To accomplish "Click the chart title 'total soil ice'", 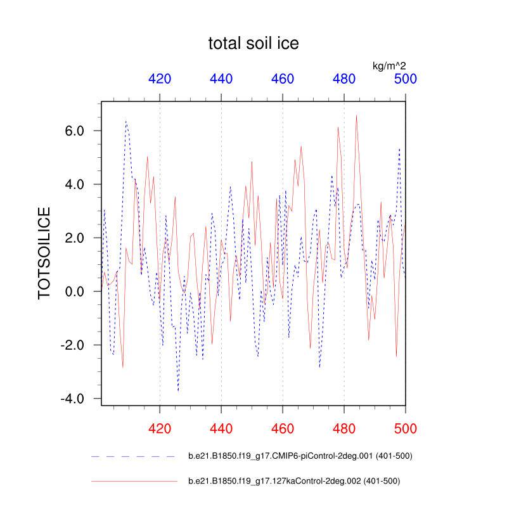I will (253, 44).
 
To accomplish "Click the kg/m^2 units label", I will (389, 65).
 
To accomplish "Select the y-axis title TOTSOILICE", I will (45, 252).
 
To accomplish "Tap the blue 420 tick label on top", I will (160, 79).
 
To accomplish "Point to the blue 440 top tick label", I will (221, 79).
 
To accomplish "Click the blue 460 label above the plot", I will (283, 79).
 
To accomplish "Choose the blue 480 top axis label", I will (344, 79).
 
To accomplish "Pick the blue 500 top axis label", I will (406, 79).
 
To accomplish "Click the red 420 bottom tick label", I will (160, 428).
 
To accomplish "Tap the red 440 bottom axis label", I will (221, 428).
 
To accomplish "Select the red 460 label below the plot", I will (283, 428).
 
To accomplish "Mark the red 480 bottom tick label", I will (344, 428).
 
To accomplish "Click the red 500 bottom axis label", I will (406, 428).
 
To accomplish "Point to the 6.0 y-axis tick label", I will (79, 131).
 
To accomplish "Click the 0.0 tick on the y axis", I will (79, 292).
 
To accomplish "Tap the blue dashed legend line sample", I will (133, 456).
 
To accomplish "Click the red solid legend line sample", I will (133, 482).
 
